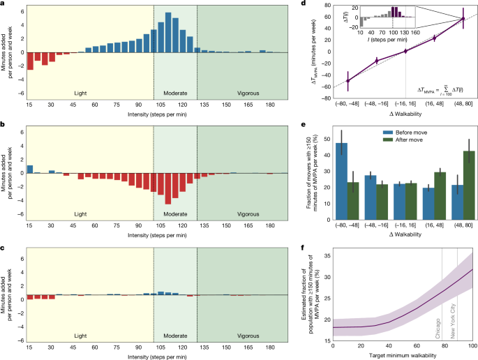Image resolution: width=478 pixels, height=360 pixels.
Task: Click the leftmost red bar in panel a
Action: click(x=30, y=61)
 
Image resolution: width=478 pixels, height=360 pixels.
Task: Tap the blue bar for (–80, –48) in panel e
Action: click(x=342, y=174)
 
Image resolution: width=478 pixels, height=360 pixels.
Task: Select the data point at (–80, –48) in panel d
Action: click(x=348, y=81)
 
